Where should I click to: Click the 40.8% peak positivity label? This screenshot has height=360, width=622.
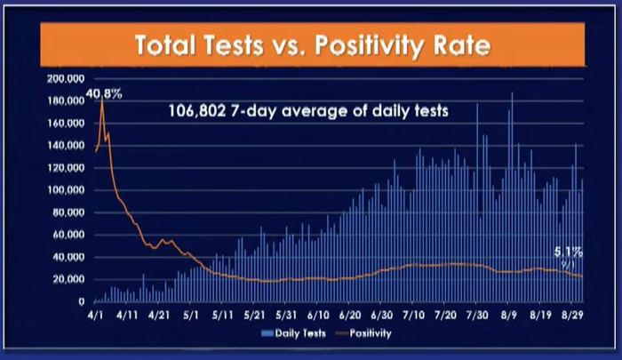104,92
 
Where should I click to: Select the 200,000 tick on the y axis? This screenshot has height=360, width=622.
64,78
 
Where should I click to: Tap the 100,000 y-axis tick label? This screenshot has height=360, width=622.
64,190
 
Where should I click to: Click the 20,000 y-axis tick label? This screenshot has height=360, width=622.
67,279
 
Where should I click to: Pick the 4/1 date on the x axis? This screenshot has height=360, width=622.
95,315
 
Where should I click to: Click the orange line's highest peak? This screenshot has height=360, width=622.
103,100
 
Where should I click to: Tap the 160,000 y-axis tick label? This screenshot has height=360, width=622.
64,123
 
